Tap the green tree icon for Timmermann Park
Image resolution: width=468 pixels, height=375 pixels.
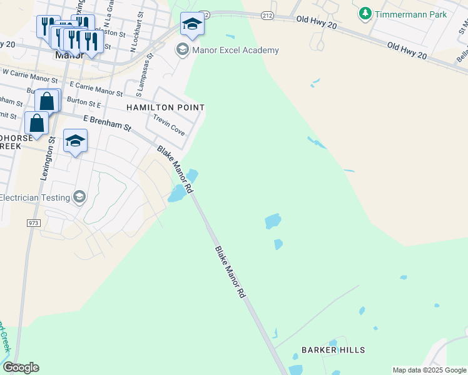click(365, 13)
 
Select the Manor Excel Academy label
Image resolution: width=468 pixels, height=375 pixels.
click(236, 50)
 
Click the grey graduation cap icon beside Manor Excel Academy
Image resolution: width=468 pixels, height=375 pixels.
click(182, 49)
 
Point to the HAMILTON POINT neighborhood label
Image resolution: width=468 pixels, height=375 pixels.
click(165, 107)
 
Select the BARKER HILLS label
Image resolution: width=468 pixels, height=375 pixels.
click(333, 350)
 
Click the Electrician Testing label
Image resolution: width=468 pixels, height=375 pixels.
click(34, 197)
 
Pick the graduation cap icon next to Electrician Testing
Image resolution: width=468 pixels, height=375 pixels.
click(79, 197)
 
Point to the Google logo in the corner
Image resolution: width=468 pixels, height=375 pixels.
click(21, 367)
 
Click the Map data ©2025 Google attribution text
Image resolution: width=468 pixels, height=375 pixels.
click(429, 370)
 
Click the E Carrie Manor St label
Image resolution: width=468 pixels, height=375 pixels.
click(96, 88)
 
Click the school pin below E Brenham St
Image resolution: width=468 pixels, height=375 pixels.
click(75, 141)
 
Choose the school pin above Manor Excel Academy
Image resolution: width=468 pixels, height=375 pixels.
click(192, 24)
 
